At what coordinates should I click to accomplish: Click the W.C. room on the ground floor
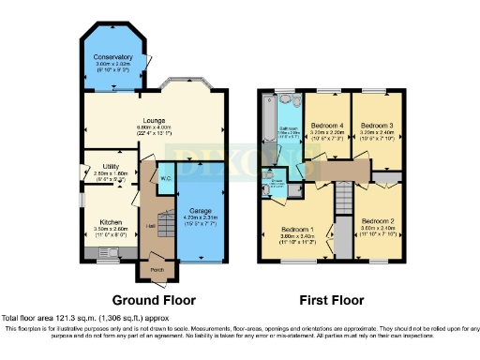165,177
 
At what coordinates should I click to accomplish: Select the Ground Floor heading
153,301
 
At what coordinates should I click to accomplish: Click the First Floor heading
331,301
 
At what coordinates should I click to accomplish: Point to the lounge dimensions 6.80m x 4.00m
155,128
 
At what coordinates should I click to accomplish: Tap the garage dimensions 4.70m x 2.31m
200,218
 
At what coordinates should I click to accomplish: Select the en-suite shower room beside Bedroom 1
276,185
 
